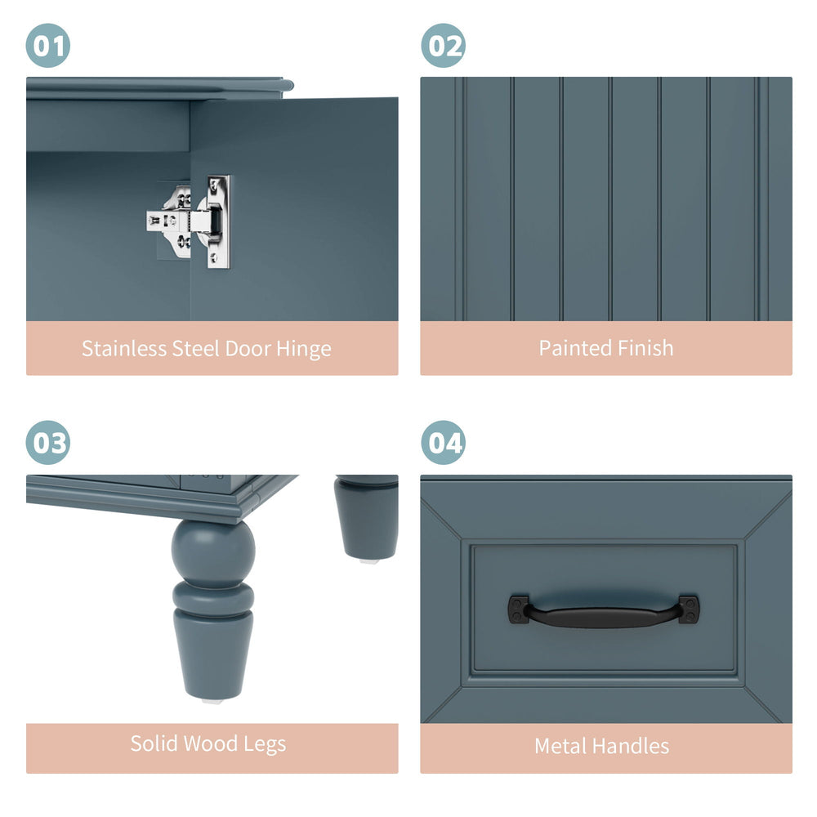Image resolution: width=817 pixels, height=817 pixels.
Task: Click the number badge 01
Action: [x=48, y=45]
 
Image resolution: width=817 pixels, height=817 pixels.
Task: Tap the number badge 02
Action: [x=444, y=45]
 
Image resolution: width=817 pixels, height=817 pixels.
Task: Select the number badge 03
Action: [x=48, y=442]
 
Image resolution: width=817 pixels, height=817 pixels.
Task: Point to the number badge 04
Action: [x=444, y=442]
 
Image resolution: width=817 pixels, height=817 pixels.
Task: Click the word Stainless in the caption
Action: [x=124, y=349]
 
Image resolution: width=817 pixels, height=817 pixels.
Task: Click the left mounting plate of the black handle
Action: [x=519, y=609]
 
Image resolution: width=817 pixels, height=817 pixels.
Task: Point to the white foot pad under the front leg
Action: [x=213, y=702]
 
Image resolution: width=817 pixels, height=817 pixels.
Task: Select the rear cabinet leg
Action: [x=366, y=516]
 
